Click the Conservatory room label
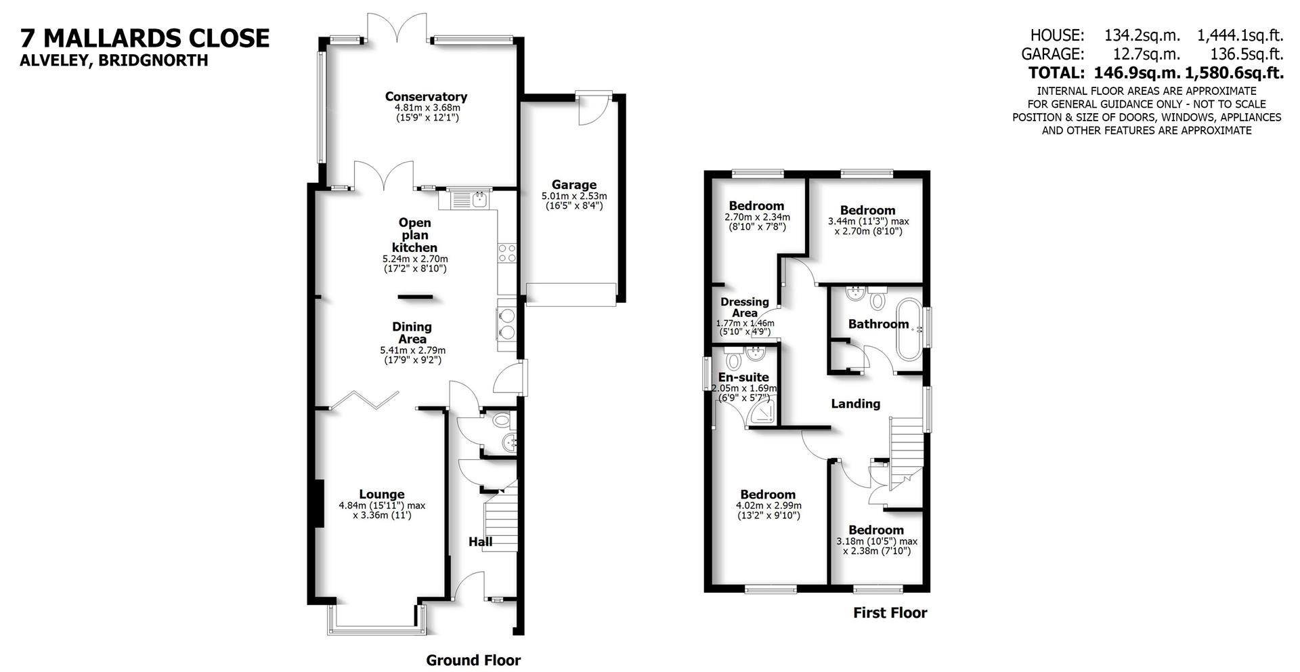click(426, 96)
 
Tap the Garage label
click(573, 184)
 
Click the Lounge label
click(382, 495)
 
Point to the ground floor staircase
click(501, 522)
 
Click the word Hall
click(481, 542)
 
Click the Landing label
click(856, 404)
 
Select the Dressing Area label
click(745, 308)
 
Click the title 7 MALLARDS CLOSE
click(145, 38)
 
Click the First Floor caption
click(890, 613)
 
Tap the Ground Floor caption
click(473, 660)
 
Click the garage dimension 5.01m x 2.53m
click(574, 196)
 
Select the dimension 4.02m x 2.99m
click(768, 505)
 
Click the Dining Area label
click(412, 333)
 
